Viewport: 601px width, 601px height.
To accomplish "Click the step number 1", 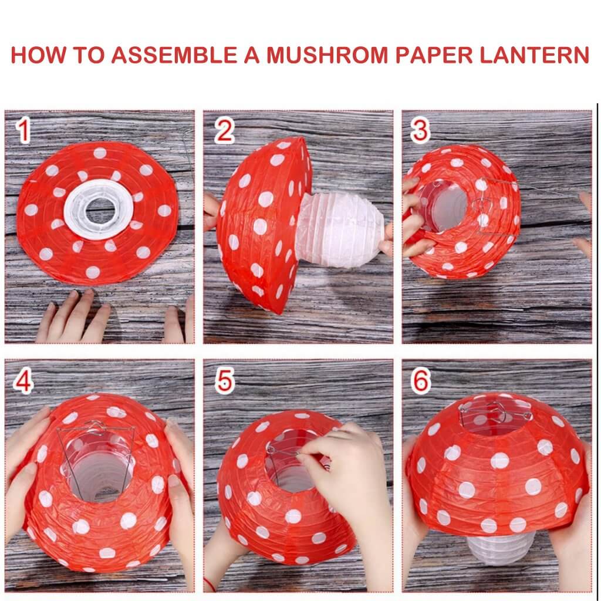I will point(23,130).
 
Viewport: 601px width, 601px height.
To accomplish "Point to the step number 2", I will point(224,130).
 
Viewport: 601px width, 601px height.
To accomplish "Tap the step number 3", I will point(420,130).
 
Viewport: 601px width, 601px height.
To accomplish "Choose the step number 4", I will point(23,381).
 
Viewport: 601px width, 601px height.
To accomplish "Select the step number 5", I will point(224,381).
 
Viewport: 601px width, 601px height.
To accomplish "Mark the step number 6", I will point(420,381).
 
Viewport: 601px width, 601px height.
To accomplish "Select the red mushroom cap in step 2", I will point(261,223).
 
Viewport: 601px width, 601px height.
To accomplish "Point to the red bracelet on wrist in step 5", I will point(210,584).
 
